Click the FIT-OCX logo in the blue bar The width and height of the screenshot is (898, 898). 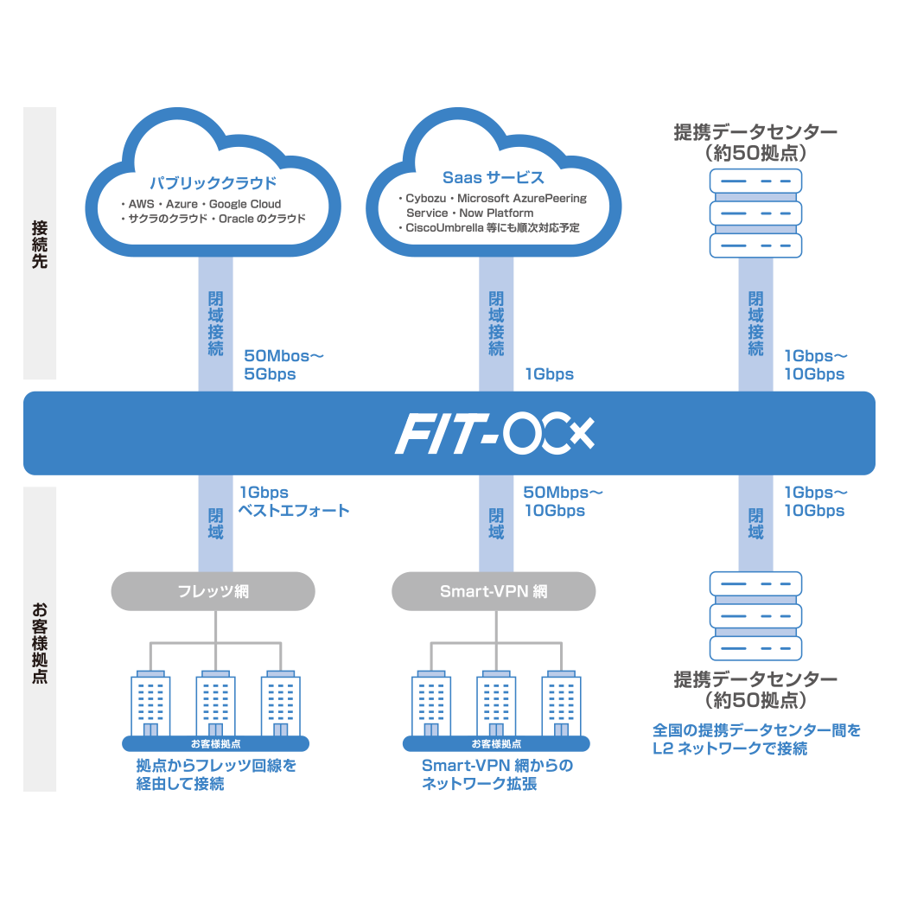[x=494, y=435]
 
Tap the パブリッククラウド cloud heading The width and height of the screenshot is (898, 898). [x=213, y=183]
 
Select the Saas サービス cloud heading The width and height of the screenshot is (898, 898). [x=494, y=178]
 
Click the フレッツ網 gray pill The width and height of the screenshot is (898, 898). [x=213, y=592]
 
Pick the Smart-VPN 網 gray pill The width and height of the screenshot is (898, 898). [x=494, y=592]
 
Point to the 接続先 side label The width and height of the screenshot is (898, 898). [x=40, y=245]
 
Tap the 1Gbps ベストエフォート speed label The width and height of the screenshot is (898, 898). [x=294, y=501]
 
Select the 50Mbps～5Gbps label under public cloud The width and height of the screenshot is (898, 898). [x=283, y=365]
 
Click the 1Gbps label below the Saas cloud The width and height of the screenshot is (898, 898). [x=549, y=374]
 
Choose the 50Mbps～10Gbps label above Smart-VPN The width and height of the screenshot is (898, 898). [x=563, y=501]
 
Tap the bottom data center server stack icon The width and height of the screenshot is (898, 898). [x=755, y=615]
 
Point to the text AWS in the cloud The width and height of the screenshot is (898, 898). [x=142, y=204]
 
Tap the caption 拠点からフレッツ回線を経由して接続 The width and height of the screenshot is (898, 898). [x=216, y=774]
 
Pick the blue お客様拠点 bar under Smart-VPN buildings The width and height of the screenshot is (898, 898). [x=496, y=743]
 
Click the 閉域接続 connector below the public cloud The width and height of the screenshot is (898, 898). [x=215, y=322]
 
